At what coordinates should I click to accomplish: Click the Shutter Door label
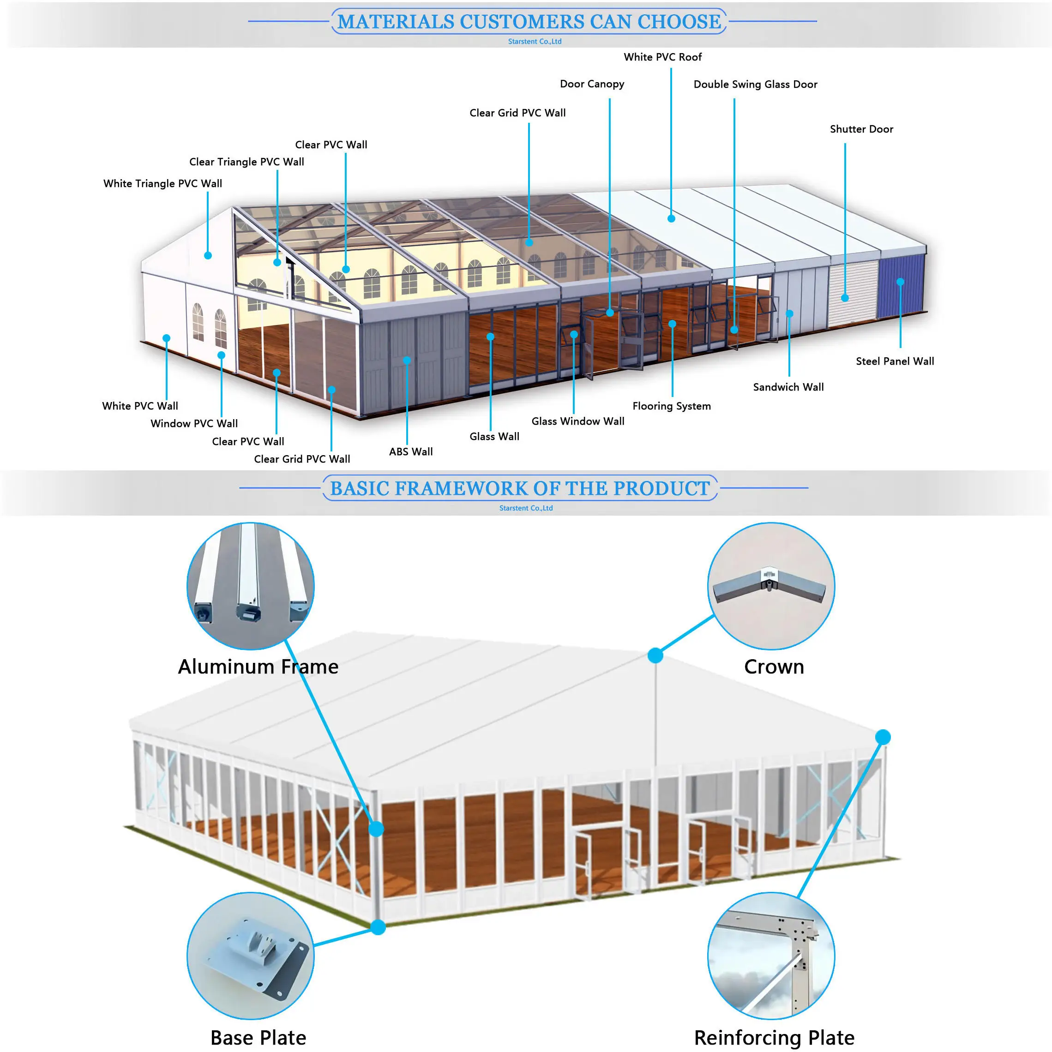coord(861,129)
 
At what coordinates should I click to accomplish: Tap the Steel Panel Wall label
coord(894,361)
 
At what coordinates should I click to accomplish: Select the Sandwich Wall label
coord(788,387)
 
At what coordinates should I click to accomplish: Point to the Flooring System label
coord(671,406)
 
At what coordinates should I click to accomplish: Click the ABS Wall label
coord(410,451)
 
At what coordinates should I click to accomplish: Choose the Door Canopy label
coord(592,84)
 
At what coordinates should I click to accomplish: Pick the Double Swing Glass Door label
coord(755,84)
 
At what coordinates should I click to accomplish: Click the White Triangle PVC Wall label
coord(162,184)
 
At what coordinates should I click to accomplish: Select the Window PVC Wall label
coord(194,424)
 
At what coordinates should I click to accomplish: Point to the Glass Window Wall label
coord(578,421)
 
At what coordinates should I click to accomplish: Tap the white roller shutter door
coord(852,291)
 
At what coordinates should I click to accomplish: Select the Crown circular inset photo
coord(770,586)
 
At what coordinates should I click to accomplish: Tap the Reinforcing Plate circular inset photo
coord(770,955)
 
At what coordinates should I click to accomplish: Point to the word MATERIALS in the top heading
coord(395,22)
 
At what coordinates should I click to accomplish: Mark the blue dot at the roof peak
coord(655,655)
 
